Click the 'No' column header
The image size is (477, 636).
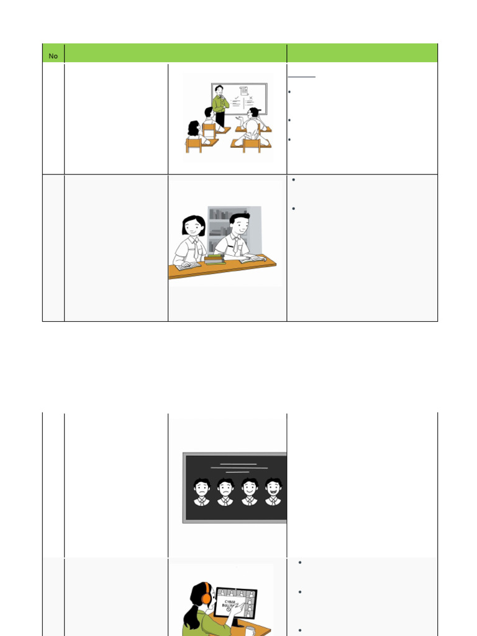(53, 56)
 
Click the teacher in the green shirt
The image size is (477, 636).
(219, 104)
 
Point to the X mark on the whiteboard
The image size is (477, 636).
(252, 98)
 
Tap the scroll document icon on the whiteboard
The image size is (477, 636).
(243, 92)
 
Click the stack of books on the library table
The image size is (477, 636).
(214, 258)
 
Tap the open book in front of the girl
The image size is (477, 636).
(188, 266)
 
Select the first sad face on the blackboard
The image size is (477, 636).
(202, 489)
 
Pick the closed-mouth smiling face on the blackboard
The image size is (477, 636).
(250, 489)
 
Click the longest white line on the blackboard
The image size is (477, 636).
(239, 468)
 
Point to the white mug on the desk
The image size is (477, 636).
(250, 630)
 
